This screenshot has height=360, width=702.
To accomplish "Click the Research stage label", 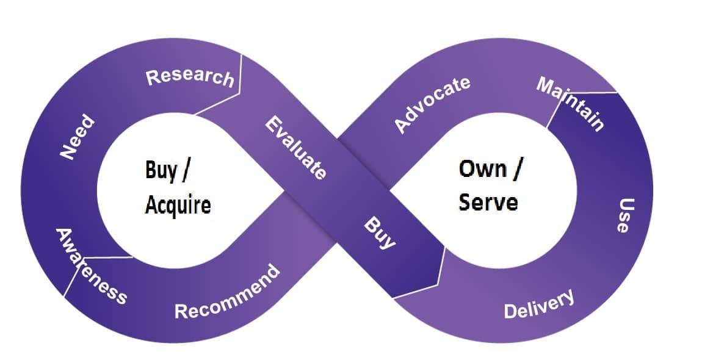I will [x=190, y=77].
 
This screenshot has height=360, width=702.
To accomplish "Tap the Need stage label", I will [x=78, y=137].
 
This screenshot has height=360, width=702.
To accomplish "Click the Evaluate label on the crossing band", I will [x=296, y=148].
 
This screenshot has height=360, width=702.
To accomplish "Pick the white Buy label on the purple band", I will [x=379, y=232].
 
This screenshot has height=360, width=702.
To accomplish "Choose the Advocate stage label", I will [x=432, y=104].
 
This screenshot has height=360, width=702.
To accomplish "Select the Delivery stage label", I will [x=539, y=304].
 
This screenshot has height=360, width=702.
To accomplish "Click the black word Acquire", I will [x=178, y=205].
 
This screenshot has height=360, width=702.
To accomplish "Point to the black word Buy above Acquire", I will [x=161, y=171].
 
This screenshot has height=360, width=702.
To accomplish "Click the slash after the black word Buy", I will [x=186, y=171].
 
